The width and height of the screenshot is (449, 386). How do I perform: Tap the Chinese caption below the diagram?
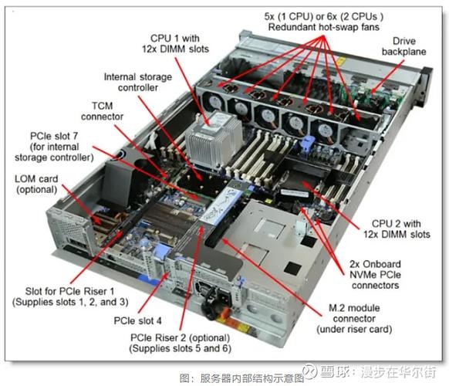pos(224,378)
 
